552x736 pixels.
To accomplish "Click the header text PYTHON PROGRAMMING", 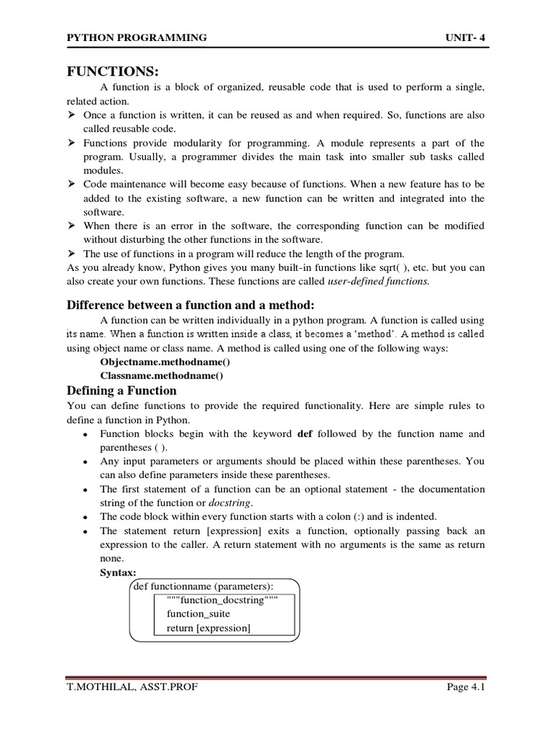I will tap(137, 37).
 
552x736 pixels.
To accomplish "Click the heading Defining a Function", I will tap(121, 390).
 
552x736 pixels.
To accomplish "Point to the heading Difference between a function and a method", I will tap(190, 304).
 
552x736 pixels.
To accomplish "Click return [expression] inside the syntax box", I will tap(208, 627).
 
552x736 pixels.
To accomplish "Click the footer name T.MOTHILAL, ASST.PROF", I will tap(132, 687).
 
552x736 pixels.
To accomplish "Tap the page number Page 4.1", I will tap(466, 687).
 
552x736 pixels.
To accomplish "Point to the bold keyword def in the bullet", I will tap(305, 433).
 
